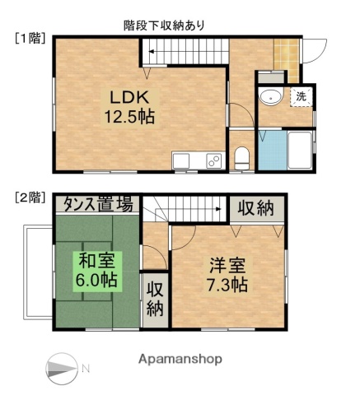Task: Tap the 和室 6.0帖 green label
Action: coord(98,270)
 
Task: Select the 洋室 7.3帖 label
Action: coord(228,276)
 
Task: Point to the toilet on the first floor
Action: coord(242,156)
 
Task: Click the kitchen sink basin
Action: coord(182,160)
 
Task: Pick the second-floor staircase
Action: coord(186,211)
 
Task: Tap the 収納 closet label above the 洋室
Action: coord(256,208)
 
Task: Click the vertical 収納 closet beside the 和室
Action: coord(155,299)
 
